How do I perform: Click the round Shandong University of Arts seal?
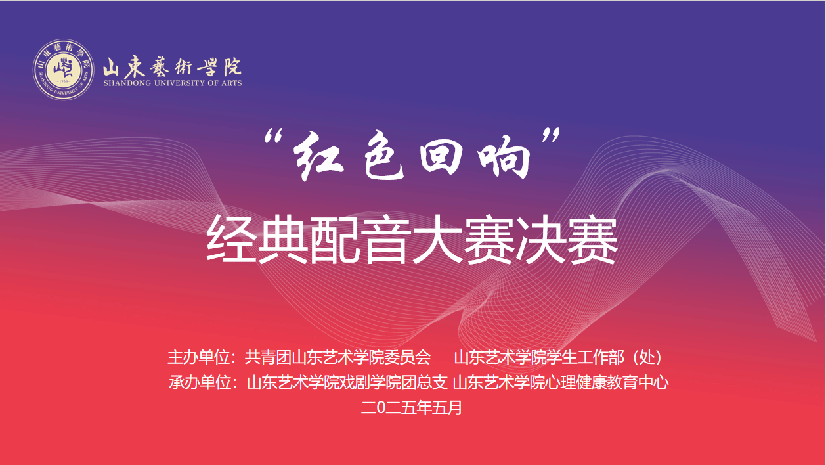pyautogui.click(x=64, y=70)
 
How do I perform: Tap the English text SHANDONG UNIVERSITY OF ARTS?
pyautogui.click(x=173, y=83)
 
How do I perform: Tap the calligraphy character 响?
pyautogui.click(x=504, y=157)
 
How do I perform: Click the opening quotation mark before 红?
pyautogui.click(x=273, y=137)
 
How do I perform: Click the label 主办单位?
pyautogui.click(x=198, y=357)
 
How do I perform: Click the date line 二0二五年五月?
pyautogui.click(x=411, y=407)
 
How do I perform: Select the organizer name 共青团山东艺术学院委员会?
pyautogui.click(x=337, y=357)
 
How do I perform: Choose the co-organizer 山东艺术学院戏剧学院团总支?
pyautogui.click(x=347, y=382)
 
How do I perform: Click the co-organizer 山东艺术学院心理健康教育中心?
pyautogui.click(x=561, y=382)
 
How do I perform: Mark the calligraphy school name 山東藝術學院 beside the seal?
pyautogui.click(x=172, y=67)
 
